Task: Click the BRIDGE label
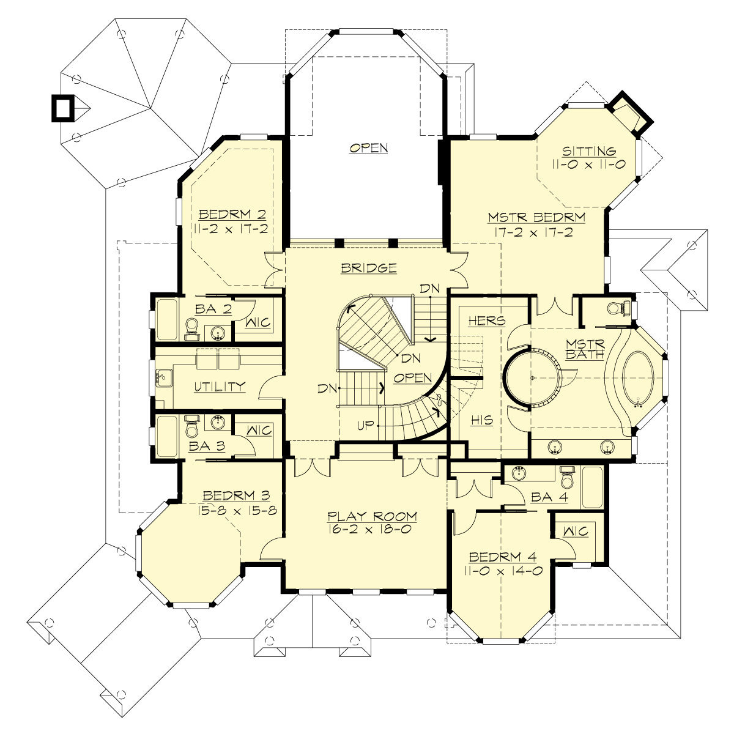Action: point(369,267)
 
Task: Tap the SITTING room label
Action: point(588,150)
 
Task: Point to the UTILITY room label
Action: point(220,386)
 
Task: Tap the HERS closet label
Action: point(486,320)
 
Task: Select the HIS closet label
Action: point(481,420)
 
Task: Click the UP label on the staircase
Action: point(365,424)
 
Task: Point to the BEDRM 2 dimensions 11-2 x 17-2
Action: point(231,228)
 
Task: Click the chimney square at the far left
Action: point(61,108)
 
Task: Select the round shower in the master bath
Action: point(532,378)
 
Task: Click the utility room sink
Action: point(163,377)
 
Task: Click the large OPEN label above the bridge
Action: point(369,147)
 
